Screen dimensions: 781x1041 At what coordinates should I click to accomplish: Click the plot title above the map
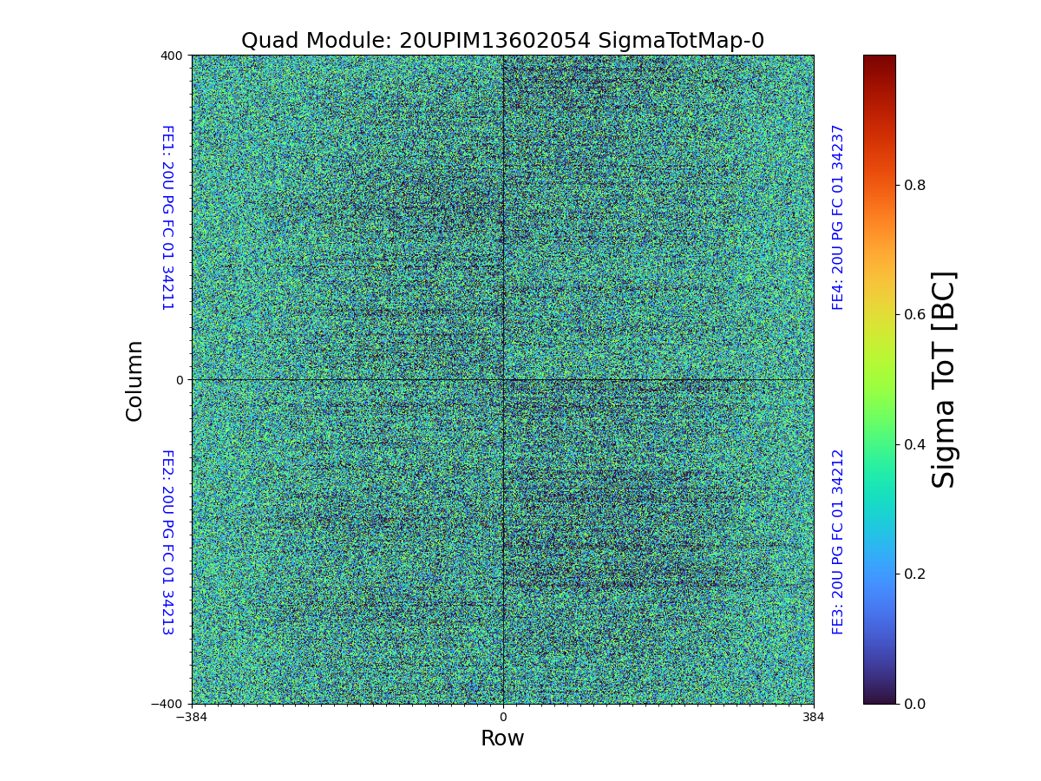502,41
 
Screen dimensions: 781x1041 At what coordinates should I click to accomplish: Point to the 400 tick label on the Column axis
172,56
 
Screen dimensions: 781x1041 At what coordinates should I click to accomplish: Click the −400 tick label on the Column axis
168,704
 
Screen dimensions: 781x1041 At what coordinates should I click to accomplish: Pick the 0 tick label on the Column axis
180,380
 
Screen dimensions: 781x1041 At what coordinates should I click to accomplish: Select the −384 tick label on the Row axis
192,718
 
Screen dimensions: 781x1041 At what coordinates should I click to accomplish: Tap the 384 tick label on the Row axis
814,718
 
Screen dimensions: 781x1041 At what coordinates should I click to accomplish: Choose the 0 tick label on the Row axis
502,718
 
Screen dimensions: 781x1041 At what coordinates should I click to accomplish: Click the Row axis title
502,738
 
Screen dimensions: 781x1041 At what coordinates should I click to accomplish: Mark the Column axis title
134,380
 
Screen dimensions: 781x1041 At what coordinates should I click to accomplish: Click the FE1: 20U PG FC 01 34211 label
167,218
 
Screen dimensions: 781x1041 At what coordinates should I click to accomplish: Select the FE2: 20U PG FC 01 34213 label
167,542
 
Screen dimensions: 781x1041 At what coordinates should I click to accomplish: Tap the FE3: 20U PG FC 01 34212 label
838,542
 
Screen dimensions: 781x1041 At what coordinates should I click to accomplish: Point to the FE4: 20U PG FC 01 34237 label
838,218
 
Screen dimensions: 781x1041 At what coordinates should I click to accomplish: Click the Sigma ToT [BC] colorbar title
944,380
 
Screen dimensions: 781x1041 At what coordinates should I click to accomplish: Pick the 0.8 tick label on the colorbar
916,185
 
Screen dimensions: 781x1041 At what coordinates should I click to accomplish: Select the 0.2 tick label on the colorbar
916,574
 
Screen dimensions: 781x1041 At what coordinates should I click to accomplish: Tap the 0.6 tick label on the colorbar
916,314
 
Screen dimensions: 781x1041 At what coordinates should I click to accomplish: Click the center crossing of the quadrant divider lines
502,379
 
